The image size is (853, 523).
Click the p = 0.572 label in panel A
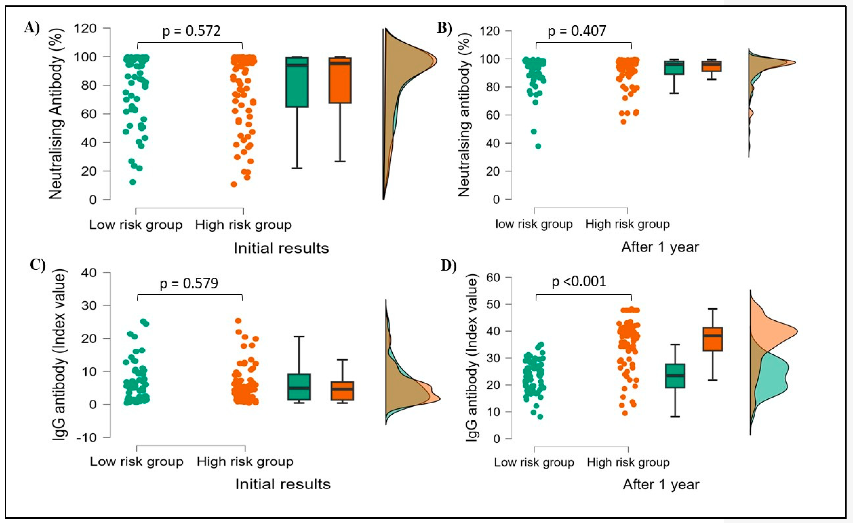pos(191,31)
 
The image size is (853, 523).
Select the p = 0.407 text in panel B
pos(577,31)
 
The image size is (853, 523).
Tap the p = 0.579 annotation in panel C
pos(189,283)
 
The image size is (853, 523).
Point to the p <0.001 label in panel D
pos(579,281)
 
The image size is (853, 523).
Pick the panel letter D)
pos(449,266)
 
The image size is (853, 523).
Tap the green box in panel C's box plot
pos(299,387)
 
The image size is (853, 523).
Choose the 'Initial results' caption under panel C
pos(283,484)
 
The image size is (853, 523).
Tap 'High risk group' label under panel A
pos(243,225)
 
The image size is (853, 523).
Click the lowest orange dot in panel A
pos(234,184)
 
